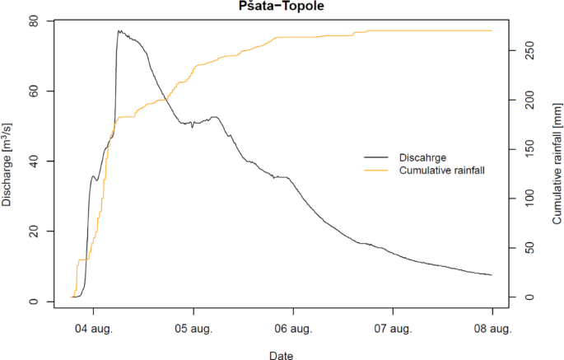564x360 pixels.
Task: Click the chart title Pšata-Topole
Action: pos(282,7)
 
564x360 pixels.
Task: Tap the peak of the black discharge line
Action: pos(119,31)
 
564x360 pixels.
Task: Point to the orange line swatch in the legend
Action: pos(377,171)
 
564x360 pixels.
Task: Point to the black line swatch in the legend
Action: pos(377,157)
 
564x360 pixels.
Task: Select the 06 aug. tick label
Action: pos(293,329)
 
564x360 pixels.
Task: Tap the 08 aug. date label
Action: pos(492,329)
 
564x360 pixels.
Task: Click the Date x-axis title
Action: pos(282,354)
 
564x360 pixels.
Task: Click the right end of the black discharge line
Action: pos(492,274)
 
